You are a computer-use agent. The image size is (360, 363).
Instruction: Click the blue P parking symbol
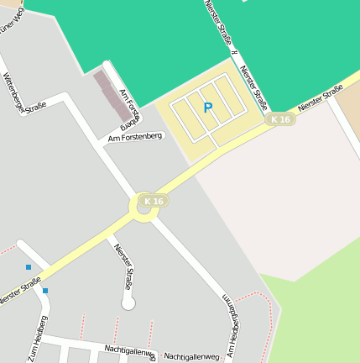pyautogui.click(x=208, y=107)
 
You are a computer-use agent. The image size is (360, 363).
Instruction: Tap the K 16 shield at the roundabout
pyautogui.click(x=154, y=201)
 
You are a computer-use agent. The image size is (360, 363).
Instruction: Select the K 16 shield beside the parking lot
pyautogui.click(x=281, y=119)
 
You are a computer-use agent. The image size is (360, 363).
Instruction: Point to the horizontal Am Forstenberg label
pyautogui.click(x=135, y=137)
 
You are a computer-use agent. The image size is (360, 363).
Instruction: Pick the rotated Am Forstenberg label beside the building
pyautogui.click(x=129, y=106)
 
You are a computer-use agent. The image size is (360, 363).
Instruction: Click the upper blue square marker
pyautogui.click(x=28, y=267)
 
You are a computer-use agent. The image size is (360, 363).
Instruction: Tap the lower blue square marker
pyautogui.click(x=44, y=291)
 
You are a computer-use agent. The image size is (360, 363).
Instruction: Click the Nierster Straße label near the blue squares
pyautogui.click(x=19, y=297)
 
